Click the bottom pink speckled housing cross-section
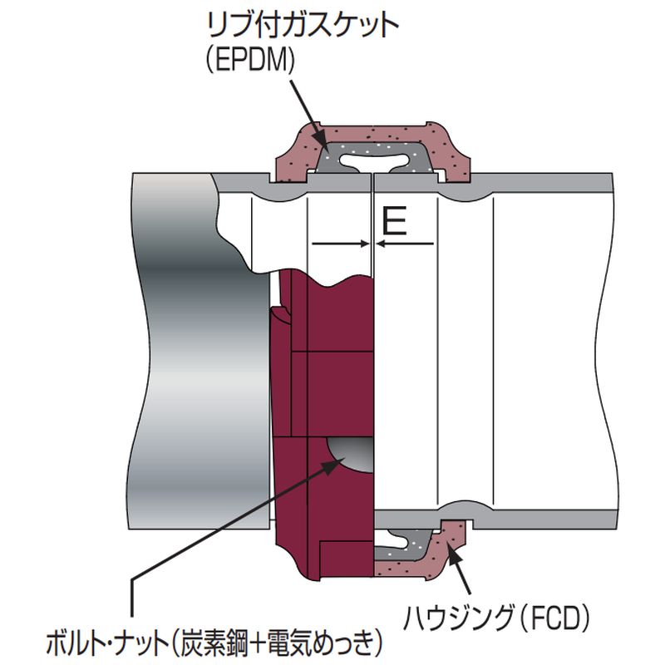point(416,565)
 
